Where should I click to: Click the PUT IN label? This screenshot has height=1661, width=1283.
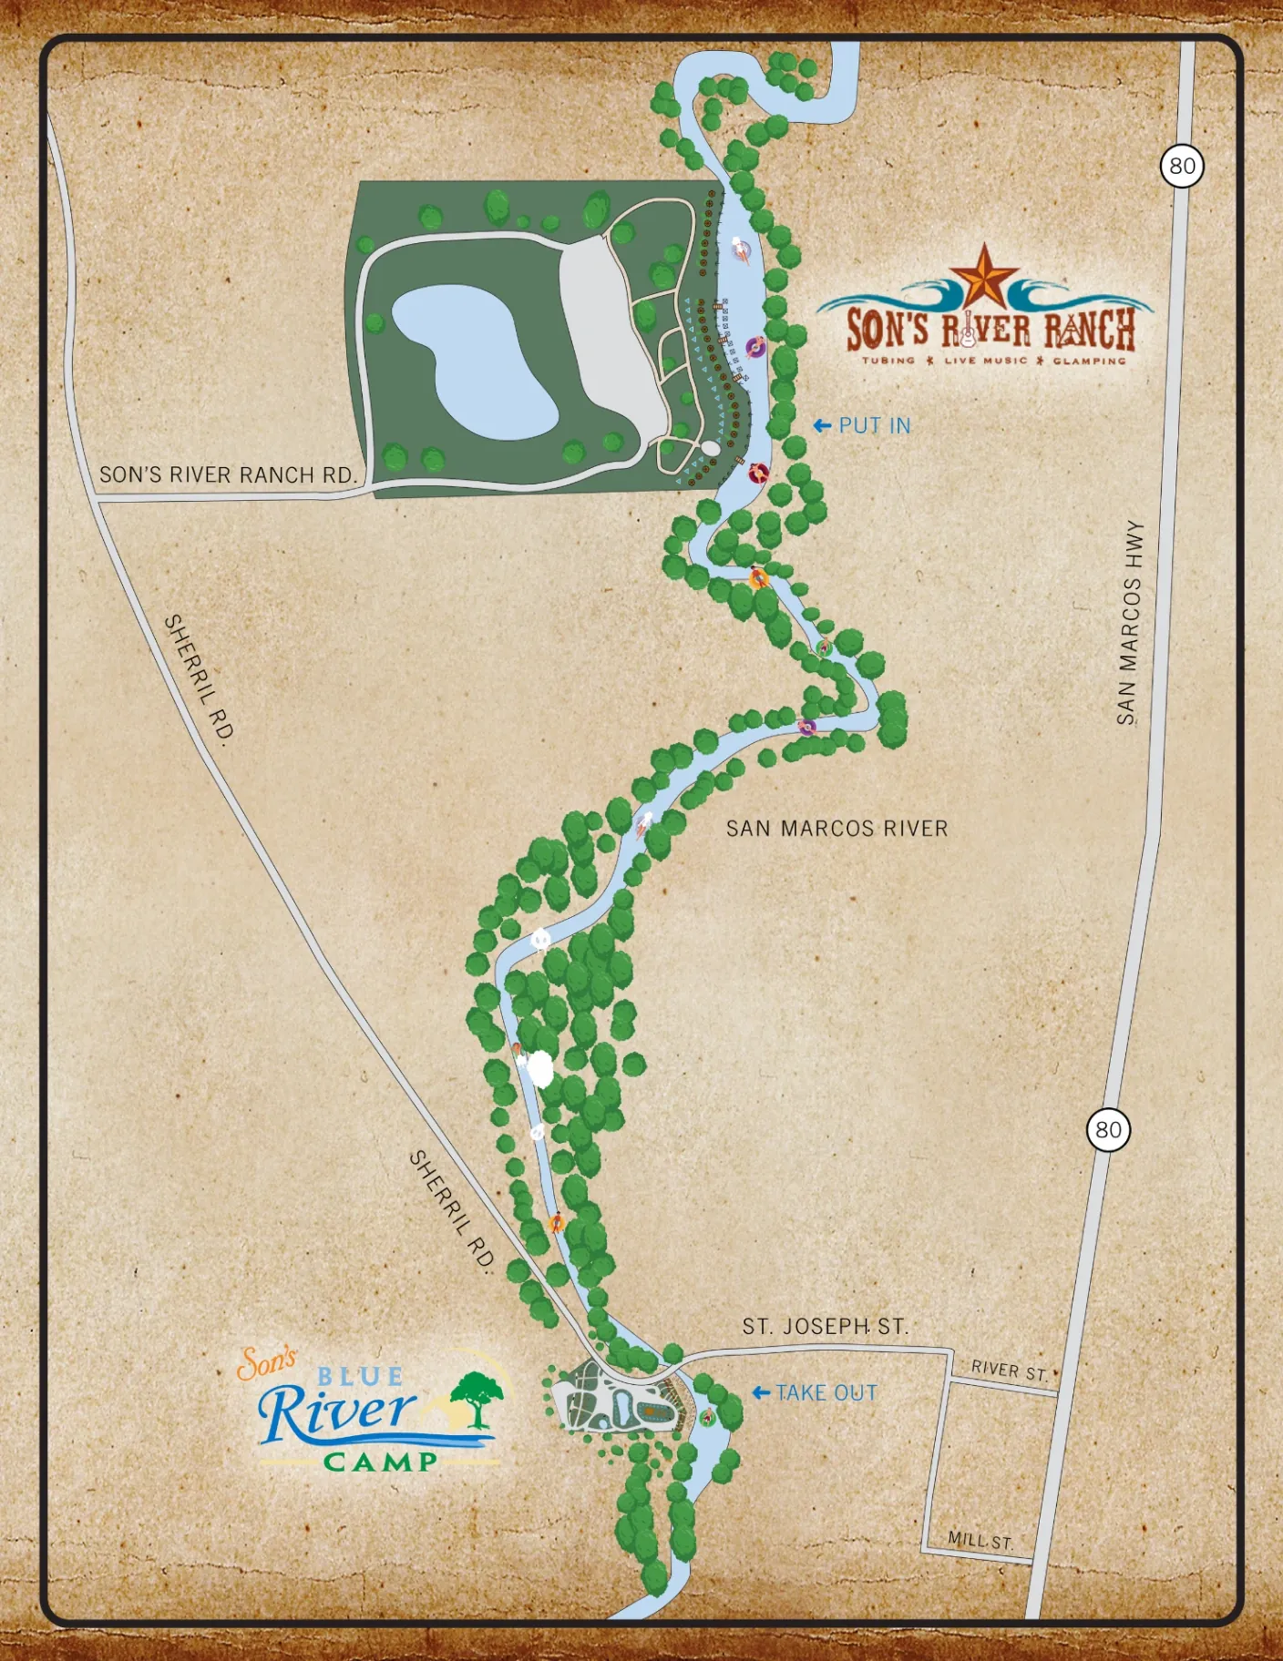tap(874, 425)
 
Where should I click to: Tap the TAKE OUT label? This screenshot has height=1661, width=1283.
tap(826, 1393)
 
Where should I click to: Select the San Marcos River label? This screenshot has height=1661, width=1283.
tap(837, 829)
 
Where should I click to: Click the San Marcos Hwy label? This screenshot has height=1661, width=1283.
tap(1130, 623)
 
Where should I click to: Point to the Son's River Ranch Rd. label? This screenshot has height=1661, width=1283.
tap(227, 475)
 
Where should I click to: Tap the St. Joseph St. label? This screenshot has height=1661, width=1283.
tap(825, 1327)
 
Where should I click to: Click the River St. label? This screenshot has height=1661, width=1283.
tap(1009, 1371)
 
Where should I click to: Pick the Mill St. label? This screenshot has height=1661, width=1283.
tap(980, 1541)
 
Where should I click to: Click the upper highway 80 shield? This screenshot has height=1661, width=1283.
tap(1182, 166)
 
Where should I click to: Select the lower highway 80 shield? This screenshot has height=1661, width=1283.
tap(1108, 1130)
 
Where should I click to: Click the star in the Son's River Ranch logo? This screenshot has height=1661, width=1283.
tap(984, 278)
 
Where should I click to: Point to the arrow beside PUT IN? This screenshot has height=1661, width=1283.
tap(822, 425)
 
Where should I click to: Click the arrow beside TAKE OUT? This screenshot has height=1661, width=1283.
tap(761, 1393)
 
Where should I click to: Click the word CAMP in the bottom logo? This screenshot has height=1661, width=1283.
tap(381, 1462)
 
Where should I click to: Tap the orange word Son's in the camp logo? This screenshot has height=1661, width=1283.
tap(266, 1363)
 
